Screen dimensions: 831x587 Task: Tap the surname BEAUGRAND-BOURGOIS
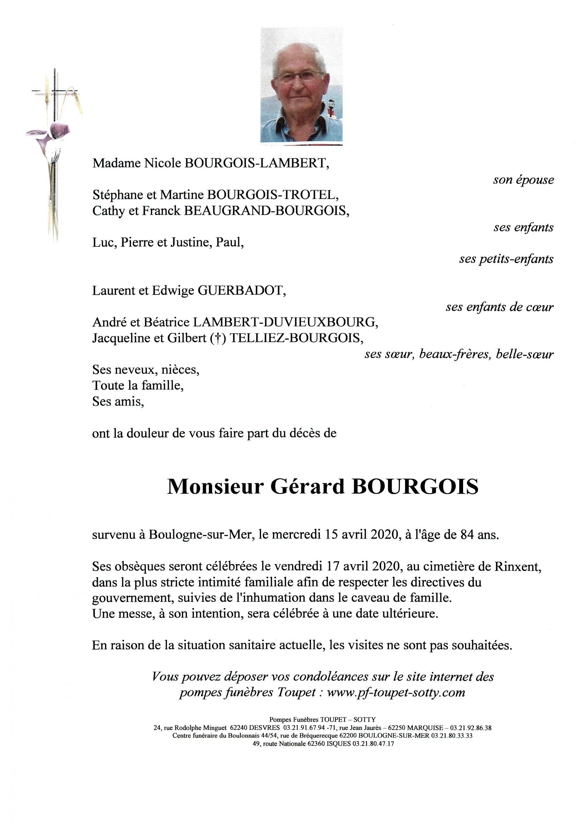[267, 211]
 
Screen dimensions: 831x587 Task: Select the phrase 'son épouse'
[523, 180]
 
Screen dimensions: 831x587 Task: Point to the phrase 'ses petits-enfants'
[506, 259]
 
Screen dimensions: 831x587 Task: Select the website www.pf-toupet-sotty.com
[396, 693]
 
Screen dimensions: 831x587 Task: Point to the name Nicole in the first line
[162, 164]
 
